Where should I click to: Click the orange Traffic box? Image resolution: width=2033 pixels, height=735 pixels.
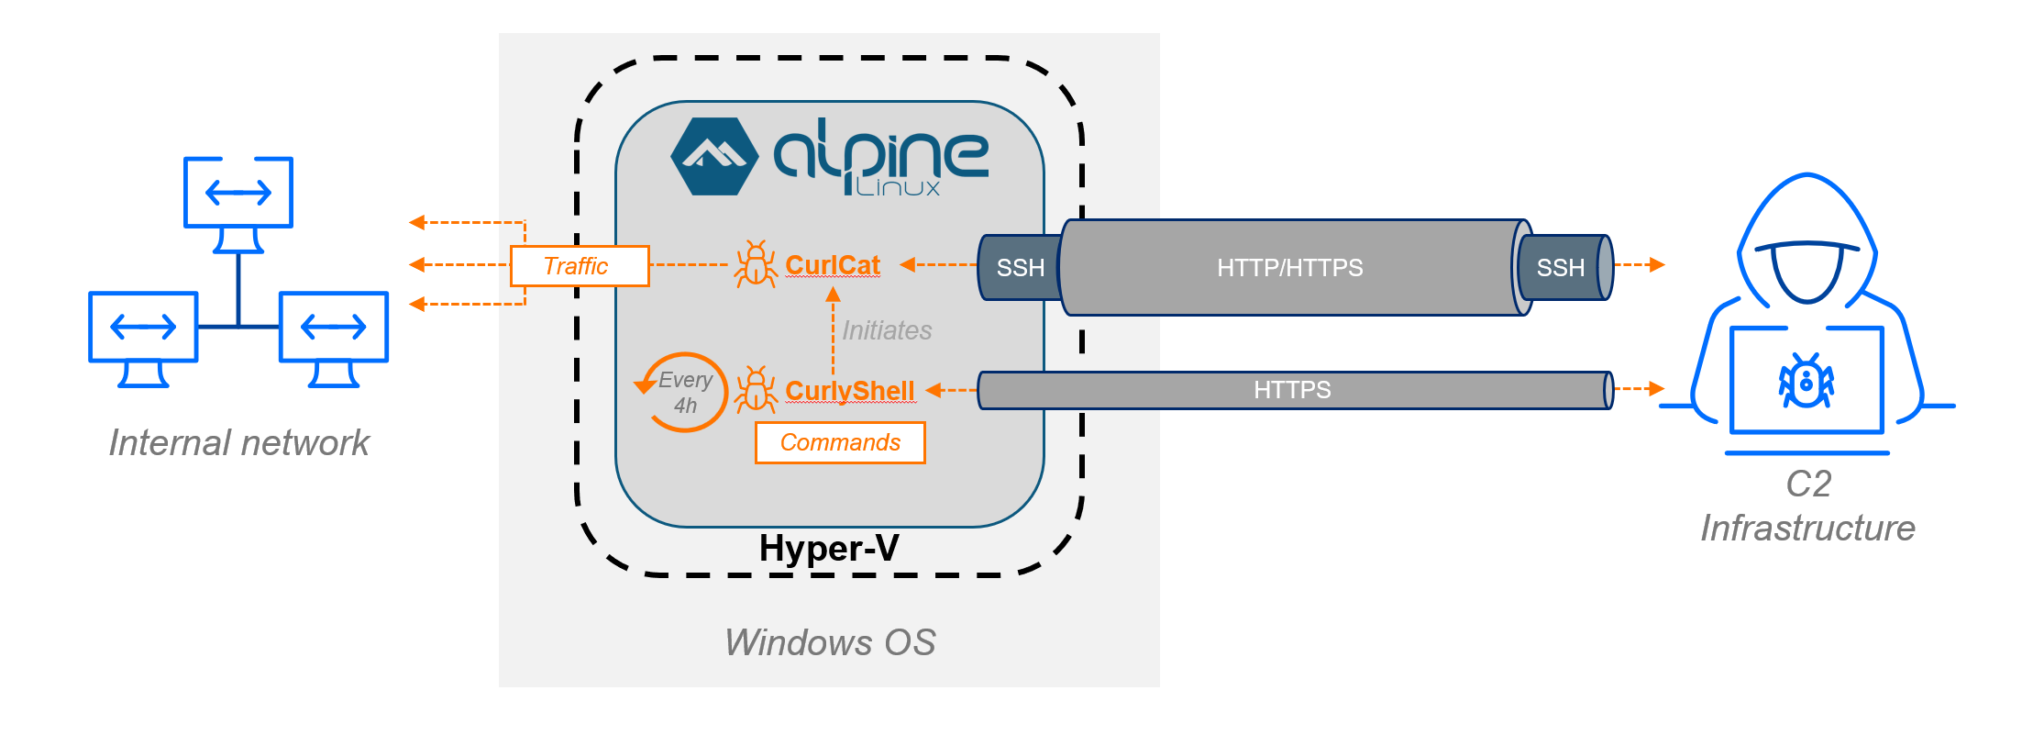point(579,266)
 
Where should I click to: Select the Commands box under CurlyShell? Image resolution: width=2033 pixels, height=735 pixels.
point(839,442)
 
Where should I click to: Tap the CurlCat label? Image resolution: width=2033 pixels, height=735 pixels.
point(832,265)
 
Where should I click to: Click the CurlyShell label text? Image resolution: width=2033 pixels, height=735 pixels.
point(849,391)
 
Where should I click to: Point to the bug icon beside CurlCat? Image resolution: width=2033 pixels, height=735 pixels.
point(755,265)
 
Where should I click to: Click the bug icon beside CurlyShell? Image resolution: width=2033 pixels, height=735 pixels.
point(756,390)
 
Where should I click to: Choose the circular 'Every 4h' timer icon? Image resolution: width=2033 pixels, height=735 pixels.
point(683,393)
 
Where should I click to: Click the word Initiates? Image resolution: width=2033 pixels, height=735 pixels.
point(886,330)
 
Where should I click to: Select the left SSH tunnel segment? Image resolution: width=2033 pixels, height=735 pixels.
point(1019,268)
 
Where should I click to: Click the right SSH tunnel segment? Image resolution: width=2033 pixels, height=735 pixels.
point(1560,268)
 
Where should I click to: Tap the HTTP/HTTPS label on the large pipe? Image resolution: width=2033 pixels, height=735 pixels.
point(1289,268)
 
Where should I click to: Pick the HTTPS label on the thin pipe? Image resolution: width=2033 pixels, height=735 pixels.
point(1291,390)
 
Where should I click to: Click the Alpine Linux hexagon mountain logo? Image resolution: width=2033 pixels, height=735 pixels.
point(714,157)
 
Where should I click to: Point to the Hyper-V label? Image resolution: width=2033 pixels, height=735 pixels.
point(828,549)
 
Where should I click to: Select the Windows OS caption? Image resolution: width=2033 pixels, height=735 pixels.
point(829,642)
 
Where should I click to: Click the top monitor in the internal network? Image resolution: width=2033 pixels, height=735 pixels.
point(238,193)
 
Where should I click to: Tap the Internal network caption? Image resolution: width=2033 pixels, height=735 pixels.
point(238,443)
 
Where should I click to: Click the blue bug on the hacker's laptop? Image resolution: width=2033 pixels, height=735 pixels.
point(1806,382)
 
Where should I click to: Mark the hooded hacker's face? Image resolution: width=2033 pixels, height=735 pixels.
point(1806,271)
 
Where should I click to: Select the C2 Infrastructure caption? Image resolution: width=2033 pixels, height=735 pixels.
point(1806,507)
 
